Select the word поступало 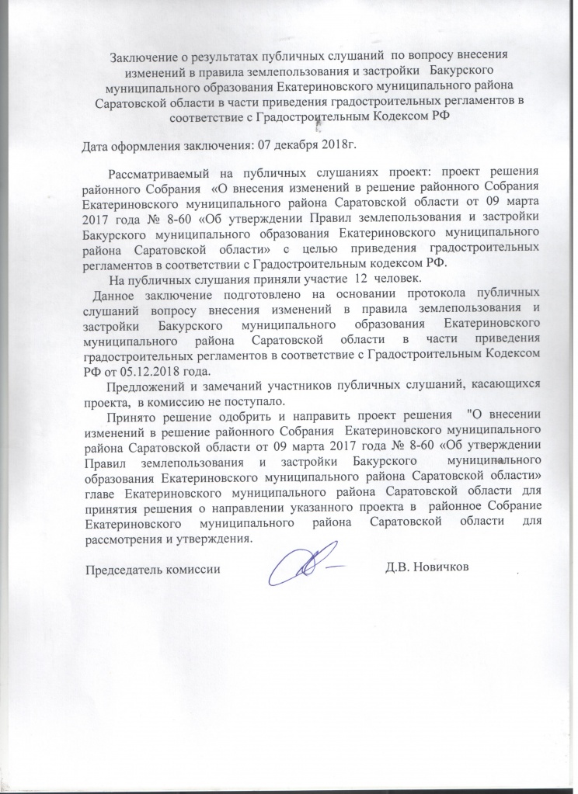click(x=257, y=401)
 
